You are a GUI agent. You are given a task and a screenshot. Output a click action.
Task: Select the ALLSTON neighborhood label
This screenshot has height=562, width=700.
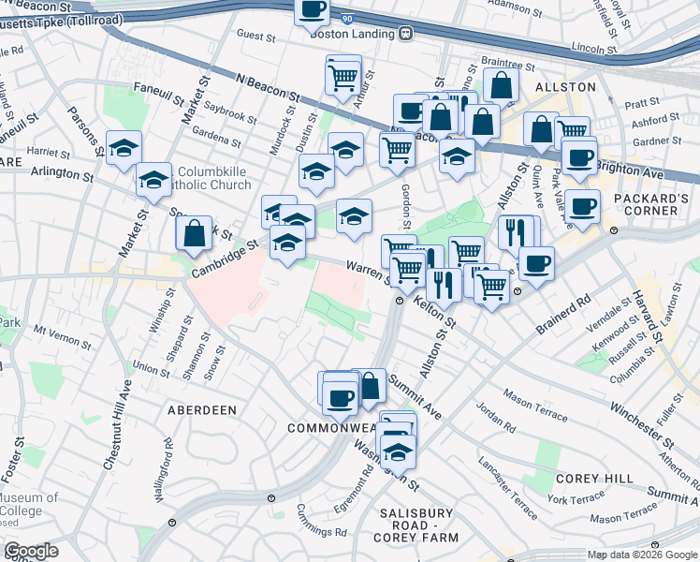pyautogui.click(x=564, y=86)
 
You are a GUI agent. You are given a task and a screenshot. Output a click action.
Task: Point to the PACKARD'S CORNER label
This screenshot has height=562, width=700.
pyautogui.click(x=645, y=204)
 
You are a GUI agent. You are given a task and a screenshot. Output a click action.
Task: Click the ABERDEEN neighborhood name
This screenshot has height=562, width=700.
pyautogui.click(x=202, y=410)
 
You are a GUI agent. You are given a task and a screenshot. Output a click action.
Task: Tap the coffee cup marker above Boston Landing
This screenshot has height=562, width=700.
pyautogui.click(x=313, y=10)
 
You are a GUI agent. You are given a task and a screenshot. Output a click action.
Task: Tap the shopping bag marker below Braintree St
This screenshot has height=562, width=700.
pyautogui.click(x=503, y=85)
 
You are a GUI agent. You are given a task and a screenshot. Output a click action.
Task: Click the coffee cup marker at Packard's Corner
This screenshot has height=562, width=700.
pyautogui.click(x=582, y=206)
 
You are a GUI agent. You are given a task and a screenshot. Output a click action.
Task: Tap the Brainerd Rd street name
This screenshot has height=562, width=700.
pyautogui.click(x=564, y=316)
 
